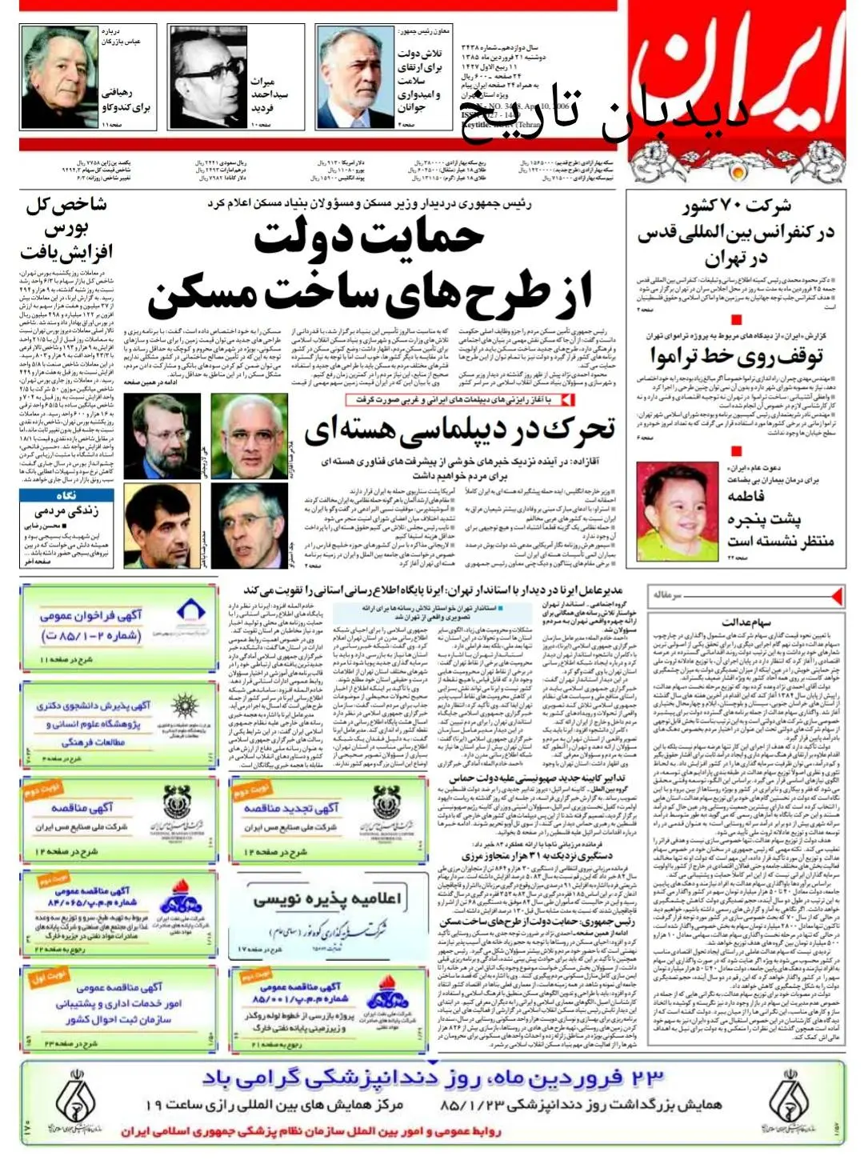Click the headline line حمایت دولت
pos(370,238)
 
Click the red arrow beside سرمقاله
pos(835,596)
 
